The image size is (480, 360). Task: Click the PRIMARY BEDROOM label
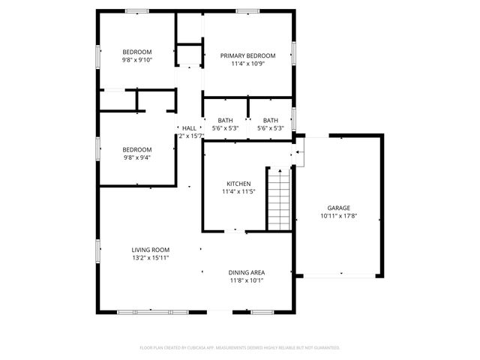click(x=247, y=55)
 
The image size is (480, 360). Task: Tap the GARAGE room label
click(x=338, y=208)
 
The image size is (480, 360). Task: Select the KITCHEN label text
click(x=238, y=184)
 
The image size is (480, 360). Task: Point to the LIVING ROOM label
click(x=150, y=250)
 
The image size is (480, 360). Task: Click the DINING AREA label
click(x=247, y=272)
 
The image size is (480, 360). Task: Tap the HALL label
click(x=189, y=128)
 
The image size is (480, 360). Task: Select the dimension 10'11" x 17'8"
click(x=338, y=216)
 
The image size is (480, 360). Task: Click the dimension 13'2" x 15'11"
click(x=150, y=258)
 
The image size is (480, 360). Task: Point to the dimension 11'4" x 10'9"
click(x=247, y=64)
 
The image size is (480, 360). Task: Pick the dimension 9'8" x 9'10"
click(x=137, y=59)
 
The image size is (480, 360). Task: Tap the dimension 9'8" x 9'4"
click(x=137, y=157)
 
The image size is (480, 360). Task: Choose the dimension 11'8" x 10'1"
click(x=247, y=280)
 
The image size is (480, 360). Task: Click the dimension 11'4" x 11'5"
click(x=238, y=192)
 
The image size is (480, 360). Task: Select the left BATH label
click(x=225, y=121)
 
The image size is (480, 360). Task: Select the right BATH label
click(x=270, y=121)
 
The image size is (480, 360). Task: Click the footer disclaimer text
click(x=240, y=348)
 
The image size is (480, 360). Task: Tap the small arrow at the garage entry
click(x=297, y=154)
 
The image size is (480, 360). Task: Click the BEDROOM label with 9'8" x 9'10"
click(x=137, y=51)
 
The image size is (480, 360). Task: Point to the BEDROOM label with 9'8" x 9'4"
click(x=137, y=149)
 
